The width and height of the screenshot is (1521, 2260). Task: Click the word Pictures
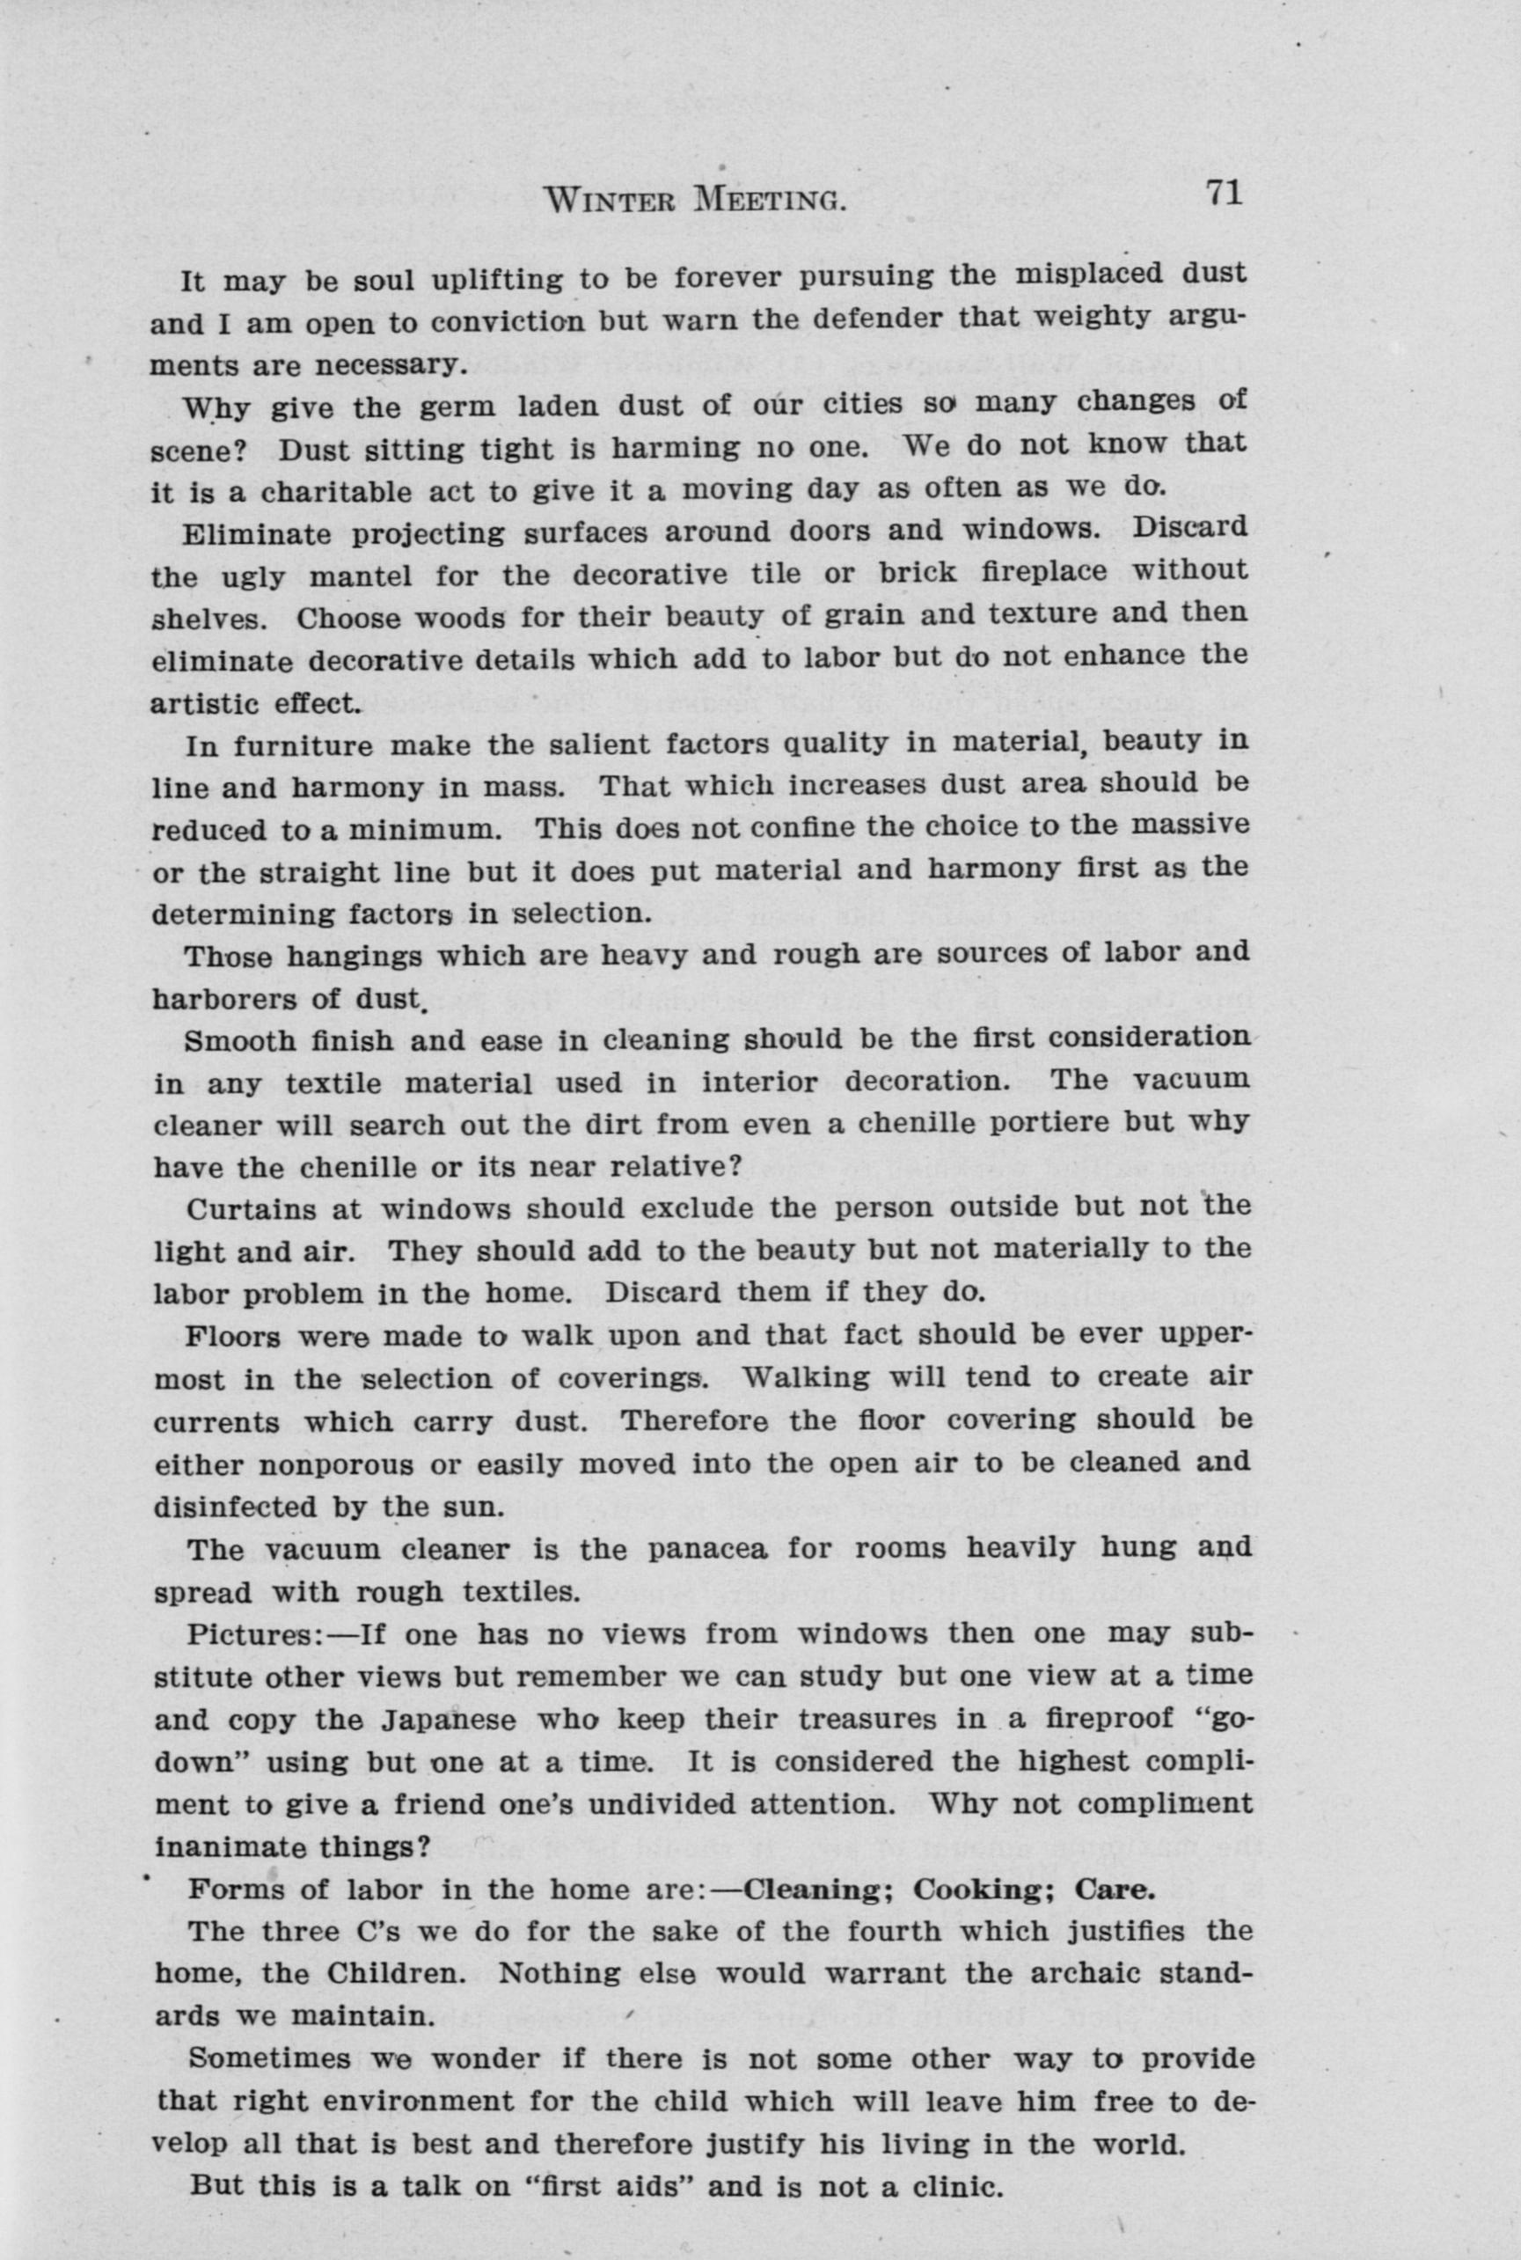(253, 1634)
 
